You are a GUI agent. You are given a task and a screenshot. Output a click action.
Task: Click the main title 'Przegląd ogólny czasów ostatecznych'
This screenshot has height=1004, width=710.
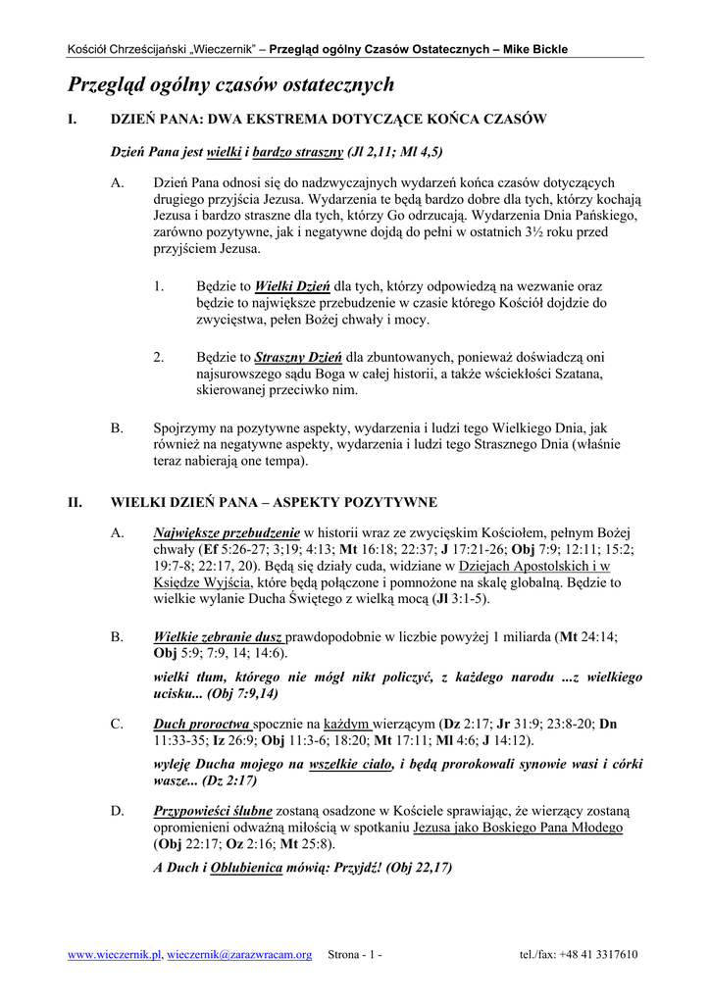(x=230, y=85)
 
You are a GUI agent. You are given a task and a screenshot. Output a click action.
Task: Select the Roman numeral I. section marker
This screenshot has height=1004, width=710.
(x=72, y=120)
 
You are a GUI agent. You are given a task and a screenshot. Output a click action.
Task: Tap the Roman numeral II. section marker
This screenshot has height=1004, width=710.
(x=75, y=503)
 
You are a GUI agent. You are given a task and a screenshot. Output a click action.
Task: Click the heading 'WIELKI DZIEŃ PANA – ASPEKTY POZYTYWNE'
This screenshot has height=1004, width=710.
(x=274, y=503)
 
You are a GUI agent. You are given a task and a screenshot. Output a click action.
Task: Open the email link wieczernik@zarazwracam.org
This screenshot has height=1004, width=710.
(x=240, y=955)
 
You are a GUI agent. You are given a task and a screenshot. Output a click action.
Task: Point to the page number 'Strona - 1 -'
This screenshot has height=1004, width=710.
(x=355, y=955)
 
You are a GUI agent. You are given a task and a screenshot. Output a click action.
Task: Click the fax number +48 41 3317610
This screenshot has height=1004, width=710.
(x=598, y=955)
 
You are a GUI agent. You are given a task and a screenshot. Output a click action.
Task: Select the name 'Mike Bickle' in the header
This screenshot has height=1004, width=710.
(x=535, y=49)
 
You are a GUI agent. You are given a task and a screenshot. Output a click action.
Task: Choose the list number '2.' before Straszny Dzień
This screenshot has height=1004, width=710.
(x=158, y=358)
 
